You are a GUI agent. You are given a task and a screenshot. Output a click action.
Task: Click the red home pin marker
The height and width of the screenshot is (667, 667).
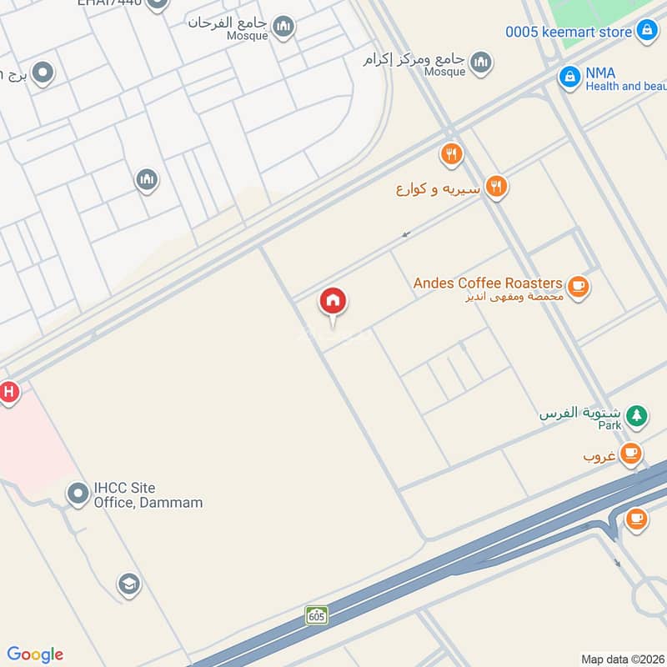(333, 302)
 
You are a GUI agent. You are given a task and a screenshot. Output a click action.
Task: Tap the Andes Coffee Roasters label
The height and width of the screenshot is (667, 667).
(488, 283)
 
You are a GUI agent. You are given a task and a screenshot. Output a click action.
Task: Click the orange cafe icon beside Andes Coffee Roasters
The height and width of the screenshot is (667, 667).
(579, 288)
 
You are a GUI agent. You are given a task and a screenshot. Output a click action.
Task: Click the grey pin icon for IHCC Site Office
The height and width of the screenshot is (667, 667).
(78, 494)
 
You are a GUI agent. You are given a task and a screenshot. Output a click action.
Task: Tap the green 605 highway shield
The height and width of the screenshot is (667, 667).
(316, 615)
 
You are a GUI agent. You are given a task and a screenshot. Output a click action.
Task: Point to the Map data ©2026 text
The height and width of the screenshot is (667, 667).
(622, 659)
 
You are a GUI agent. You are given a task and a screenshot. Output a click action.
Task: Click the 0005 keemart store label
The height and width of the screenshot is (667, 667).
(569, 32)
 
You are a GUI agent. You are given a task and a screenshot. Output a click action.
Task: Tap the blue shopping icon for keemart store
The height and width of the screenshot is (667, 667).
(646, 32)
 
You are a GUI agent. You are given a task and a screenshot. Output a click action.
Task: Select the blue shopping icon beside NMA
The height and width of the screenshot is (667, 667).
(569, 78)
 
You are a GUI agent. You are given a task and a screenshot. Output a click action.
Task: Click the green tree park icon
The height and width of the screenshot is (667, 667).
(636, 415)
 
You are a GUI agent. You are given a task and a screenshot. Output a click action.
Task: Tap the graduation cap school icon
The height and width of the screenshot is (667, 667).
(128, 583)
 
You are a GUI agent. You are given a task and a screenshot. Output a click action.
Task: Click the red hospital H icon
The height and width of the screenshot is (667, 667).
(8, 391)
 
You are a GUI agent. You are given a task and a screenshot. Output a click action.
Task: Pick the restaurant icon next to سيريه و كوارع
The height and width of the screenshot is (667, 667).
(496, 188)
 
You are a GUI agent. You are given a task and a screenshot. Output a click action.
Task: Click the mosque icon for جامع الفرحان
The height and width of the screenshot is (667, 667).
(283, 28)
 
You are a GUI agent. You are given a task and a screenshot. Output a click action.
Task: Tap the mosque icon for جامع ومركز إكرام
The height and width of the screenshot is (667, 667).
(480, 62)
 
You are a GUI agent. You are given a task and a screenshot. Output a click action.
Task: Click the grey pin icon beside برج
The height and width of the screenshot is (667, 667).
(42, 73)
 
